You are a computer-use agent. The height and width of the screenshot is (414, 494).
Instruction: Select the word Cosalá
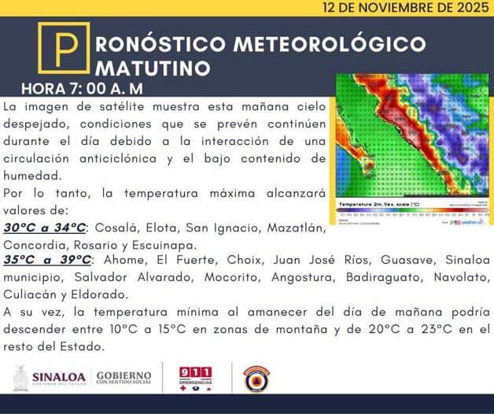pos(116,228)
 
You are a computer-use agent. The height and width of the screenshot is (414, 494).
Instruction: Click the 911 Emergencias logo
pos(196,378)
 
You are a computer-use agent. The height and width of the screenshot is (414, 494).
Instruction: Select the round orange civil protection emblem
pos(256,378)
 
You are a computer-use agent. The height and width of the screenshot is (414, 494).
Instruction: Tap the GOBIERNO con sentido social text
pos(124,378)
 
